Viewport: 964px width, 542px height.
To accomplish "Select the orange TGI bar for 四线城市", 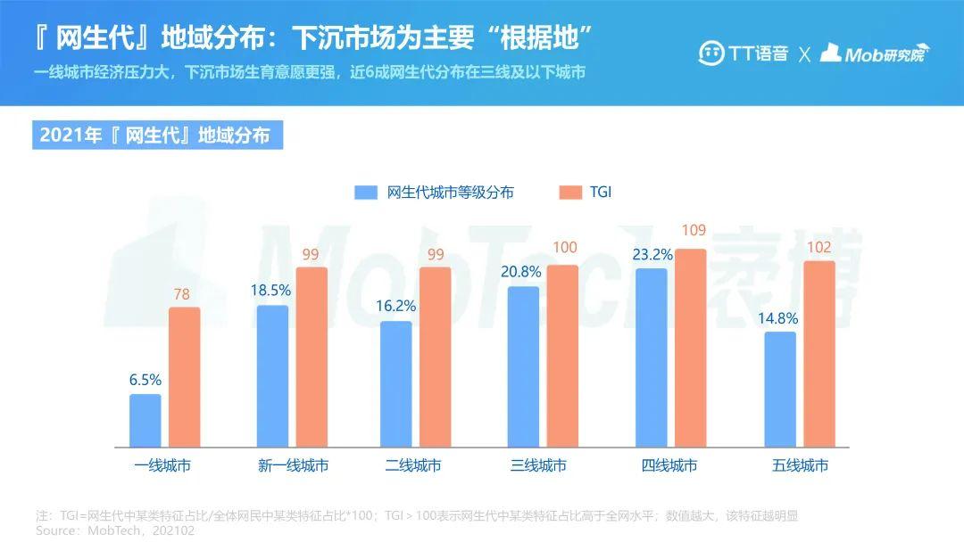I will pyautogui.click(x=690, y=348).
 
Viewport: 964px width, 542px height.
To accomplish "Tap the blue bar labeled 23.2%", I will pyautogui.click(x=652, y=357).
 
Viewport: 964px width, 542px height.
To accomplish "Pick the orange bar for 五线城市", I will pyautogui.click(x=819, y=354).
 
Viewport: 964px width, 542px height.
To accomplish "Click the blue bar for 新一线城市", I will pyautogui.click(x=272, y=375).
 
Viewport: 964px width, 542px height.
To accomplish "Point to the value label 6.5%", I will pyautogui.click(x=145, y=380).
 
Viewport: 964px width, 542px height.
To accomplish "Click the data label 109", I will pyautogui.click(x=694, y=231).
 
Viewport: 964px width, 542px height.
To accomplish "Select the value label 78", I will pyautogui.click(x=183, y=294).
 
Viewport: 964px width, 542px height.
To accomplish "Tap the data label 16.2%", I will pyautogui.click(x=396, y=306).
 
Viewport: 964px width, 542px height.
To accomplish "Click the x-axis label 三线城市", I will pyautogui.click(x=538, y=465).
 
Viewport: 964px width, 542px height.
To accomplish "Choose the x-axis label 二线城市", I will pyautogui.click(x=412, y=465).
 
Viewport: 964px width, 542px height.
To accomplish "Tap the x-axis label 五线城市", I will pyautogui.click(x=800, y=465).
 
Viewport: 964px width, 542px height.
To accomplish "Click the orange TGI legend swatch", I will pyautogui.click(x=569, y=193).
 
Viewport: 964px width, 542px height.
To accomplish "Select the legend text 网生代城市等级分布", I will pyautogui.click(x=450, y=193).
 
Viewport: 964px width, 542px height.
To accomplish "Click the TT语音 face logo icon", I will pyautogui.click(x=711, y=53).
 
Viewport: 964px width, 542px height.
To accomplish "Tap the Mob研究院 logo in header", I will pyautogui.click(x=874, y=53).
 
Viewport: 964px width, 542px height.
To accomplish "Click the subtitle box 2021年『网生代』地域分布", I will pyautogui.click(x=157, y=135).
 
